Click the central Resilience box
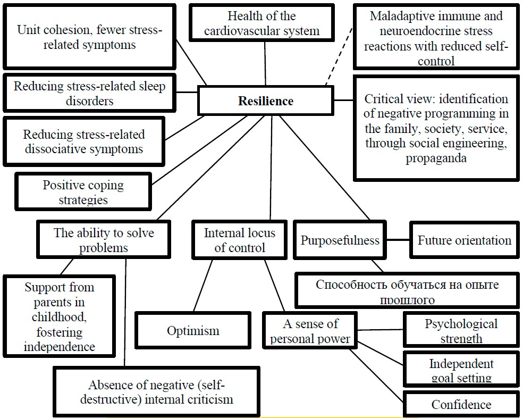[x=265, y=101]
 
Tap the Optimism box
[x=193, y=331]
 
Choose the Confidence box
[x=461, y=405]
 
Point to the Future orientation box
[x=464, y=240]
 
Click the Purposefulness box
[x=340, y=240]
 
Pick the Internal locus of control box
[x=239, y=240]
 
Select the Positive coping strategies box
[x=83, y=192]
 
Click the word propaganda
[x=436, y=158]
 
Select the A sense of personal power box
[x=310, y=331]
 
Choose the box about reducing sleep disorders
[x=89, y=93]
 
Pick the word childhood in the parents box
[x=60, y=317]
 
